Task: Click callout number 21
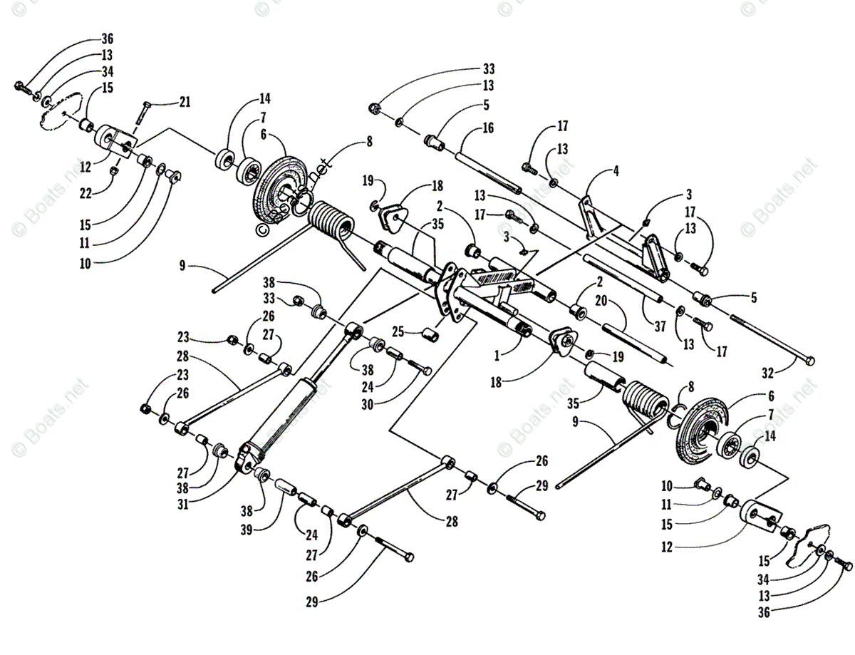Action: tap(185, 103)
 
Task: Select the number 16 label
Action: tap(488, 128)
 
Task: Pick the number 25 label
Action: tap(398, 331)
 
